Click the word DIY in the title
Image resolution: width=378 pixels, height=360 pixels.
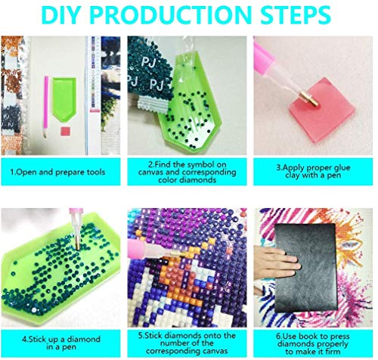coord(60,15)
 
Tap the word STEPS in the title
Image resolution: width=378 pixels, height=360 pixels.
coord(296,15)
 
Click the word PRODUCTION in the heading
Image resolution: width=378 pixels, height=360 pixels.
coord(169,15)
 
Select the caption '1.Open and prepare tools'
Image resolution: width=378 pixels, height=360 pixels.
coord(57,172)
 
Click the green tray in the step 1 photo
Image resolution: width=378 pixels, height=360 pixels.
coord(64,97)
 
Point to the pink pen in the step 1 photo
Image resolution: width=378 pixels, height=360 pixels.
coord(45,107)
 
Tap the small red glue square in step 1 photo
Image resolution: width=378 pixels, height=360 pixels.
coord(66,132)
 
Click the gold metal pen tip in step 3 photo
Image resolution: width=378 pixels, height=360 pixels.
coord(308,98)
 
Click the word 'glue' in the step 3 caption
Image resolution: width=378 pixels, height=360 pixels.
coord(340,168)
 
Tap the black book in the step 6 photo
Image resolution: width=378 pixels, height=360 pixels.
coord(306,268)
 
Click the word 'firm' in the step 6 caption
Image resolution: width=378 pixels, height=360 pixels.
coord(331,351)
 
